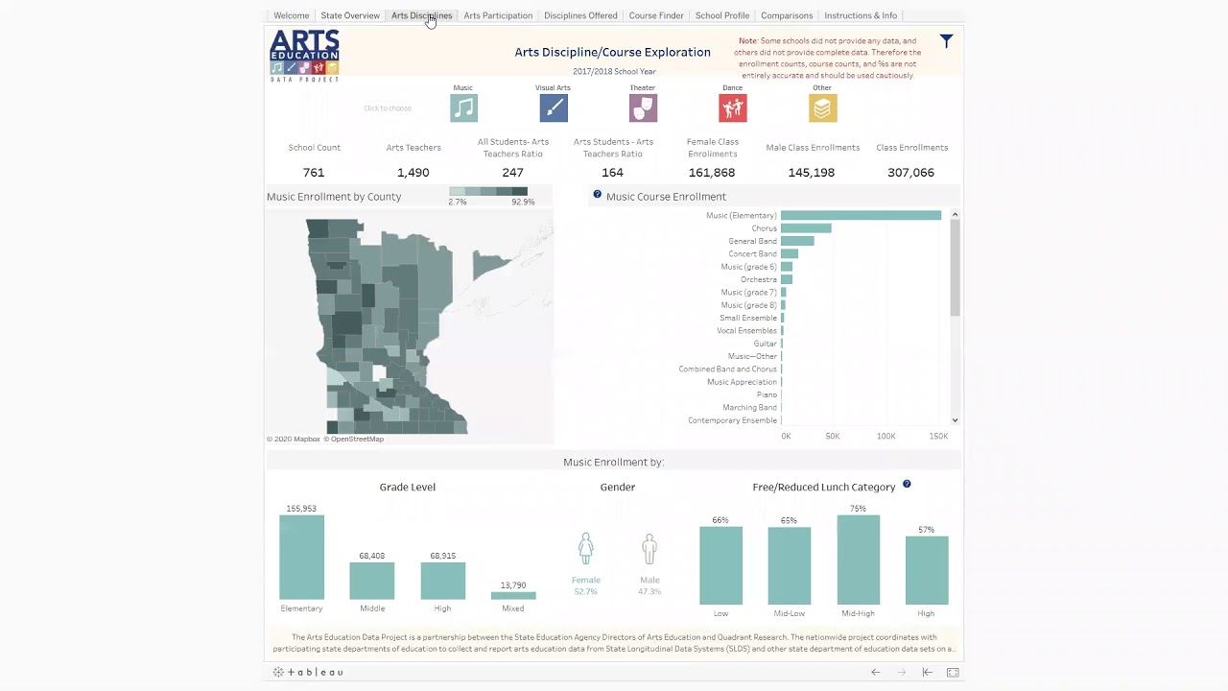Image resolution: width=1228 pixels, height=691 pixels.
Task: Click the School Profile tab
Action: coord(721,15)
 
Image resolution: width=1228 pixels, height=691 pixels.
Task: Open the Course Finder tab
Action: coord(656,15)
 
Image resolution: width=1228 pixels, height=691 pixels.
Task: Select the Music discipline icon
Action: coord(463,108)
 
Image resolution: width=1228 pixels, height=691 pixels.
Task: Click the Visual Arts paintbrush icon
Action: coord(554,108)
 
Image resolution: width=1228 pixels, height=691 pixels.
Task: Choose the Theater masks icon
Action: coord(643,108)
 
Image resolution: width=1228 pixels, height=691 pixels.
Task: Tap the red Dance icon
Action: coord(732,108)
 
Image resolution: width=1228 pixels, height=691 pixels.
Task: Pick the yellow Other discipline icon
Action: coord(822,108)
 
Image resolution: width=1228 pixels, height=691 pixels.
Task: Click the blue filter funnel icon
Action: coord(946,41)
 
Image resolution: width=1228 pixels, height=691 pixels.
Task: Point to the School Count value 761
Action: coord(314,173)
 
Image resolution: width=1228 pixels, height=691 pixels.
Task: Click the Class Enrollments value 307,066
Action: coord(910,173)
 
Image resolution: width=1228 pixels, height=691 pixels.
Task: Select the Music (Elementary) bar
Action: coord(861,216)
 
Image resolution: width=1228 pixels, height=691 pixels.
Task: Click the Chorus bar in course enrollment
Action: coord(806,228)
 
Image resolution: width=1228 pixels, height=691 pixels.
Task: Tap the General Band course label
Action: coord(752,241)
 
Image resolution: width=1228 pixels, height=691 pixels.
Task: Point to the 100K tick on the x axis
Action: coord(886,436)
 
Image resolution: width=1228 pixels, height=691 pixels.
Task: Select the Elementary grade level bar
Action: coord(301,557)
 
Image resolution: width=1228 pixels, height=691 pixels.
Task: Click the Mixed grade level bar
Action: coord(513,595)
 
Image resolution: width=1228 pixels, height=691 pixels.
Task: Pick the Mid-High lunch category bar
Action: coord(858,560)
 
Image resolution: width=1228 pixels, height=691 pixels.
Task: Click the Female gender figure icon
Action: coord(585,549)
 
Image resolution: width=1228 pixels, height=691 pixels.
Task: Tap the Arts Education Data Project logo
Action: coord(304,55)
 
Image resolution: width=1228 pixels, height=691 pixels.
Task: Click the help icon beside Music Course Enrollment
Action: coord(597,195)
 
